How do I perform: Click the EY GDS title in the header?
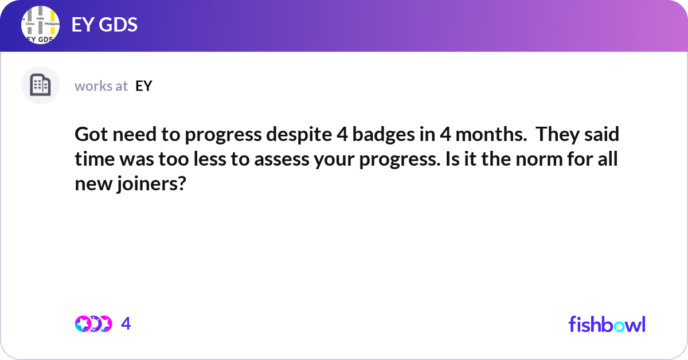tap(104, 25)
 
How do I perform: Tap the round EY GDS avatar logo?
tap(41, 26)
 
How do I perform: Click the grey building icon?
tap(40, 85)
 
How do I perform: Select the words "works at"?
tap(101, 86)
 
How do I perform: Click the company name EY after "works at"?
tap(144, 86)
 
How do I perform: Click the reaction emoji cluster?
tap(93, 324)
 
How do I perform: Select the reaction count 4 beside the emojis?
tap(126, 324)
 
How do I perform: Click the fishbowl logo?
tap(607, 324)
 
